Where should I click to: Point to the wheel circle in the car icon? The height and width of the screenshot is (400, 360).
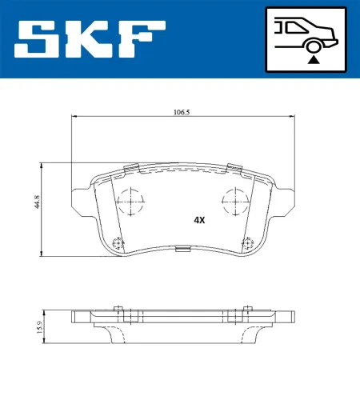coord(314,47)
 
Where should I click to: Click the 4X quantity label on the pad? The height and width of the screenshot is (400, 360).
coord(199,219)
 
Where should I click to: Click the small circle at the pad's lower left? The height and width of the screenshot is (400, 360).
coord(118,245)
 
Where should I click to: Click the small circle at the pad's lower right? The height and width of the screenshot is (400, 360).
coord(247,242)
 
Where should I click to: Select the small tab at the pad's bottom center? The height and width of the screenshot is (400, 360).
coord(182,250)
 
